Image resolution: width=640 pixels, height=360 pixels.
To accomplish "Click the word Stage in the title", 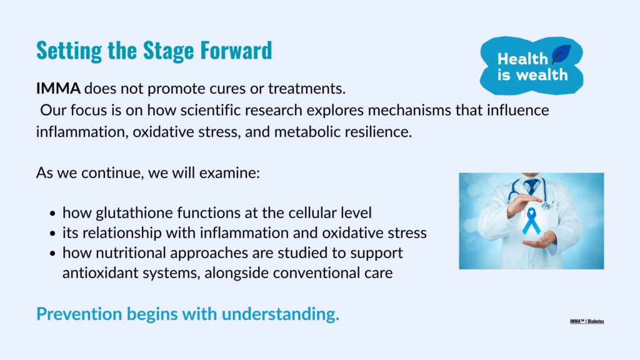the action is [168, 51].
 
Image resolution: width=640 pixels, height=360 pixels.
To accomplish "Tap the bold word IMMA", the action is [58, 89].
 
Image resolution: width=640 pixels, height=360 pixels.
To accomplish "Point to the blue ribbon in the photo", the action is [531, 221].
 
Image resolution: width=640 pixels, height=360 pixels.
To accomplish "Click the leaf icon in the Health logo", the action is [561, 54].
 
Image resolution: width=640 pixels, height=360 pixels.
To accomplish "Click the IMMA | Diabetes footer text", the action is [587, 321].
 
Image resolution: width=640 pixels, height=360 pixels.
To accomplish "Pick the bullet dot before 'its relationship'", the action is [52, 234].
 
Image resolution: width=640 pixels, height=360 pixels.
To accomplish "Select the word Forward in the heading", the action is [236, 51].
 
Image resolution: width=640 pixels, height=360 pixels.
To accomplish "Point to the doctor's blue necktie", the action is [531, 186].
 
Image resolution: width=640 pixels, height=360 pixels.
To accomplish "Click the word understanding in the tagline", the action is [281, 314].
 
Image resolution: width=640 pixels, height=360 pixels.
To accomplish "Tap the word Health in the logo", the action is [522, 59].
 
